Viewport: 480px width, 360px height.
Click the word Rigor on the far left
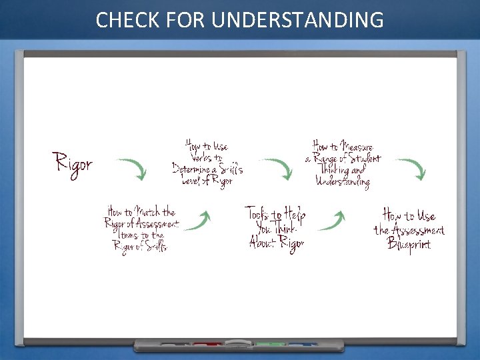[73, 163]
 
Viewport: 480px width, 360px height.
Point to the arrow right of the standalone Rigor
[132, 169]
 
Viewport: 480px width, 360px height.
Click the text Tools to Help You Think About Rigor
[276, 227]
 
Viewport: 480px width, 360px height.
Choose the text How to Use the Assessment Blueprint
[409, 229]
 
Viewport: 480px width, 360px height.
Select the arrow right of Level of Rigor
[277, 169]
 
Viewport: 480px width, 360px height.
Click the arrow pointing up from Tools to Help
[331, 221]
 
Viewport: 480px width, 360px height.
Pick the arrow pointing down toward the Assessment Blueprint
[411, 169]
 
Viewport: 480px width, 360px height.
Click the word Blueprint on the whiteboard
[409, 244]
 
